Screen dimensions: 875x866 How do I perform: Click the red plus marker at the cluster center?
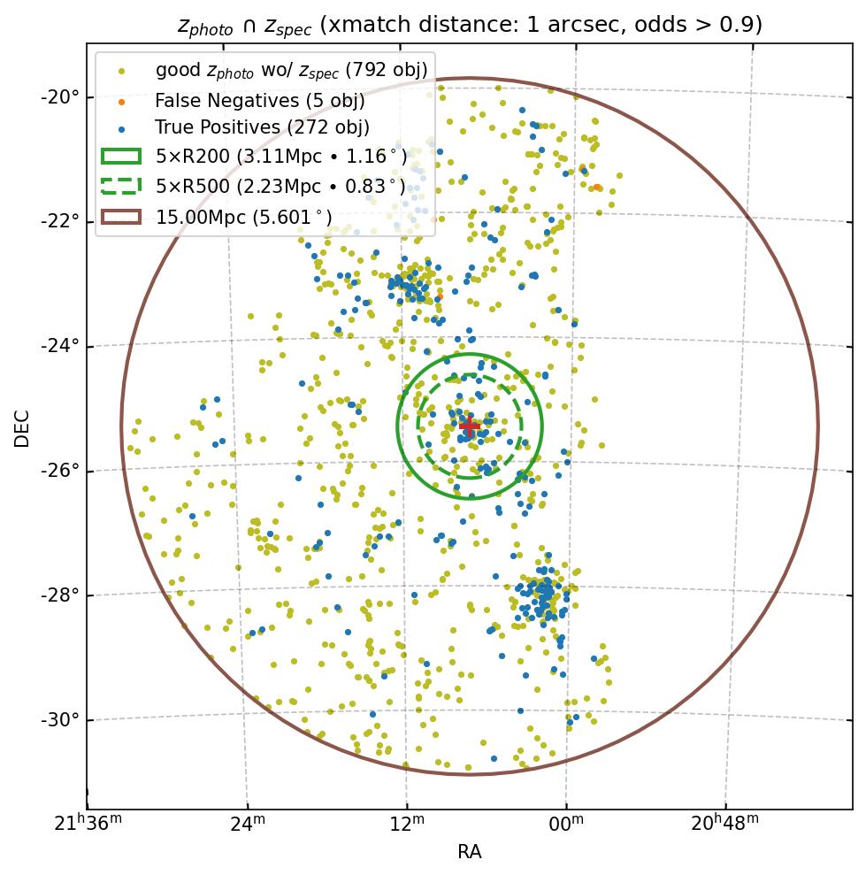point(469,427)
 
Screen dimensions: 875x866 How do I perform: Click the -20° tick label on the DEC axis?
point(61,96)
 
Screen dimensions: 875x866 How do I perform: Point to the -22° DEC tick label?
point(61,220)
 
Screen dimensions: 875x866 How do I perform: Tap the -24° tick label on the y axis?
point(61,345)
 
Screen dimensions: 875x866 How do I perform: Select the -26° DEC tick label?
point(61,470)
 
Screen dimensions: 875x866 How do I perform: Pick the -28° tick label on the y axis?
point(61,595)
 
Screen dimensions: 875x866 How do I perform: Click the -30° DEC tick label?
point(61,719)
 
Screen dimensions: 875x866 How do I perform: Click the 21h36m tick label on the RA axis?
point(88,824)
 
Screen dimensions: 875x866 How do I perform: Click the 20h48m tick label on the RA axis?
point(724,824)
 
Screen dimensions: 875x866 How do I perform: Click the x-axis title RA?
point(469,852)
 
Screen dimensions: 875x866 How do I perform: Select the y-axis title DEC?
point(22,427)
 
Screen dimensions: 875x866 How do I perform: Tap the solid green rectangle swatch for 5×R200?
point(121,157)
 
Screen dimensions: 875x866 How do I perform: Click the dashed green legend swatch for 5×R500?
point(121,186)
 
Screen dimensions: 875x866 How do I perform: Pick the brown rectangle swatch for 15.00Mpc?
point(121,216)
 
